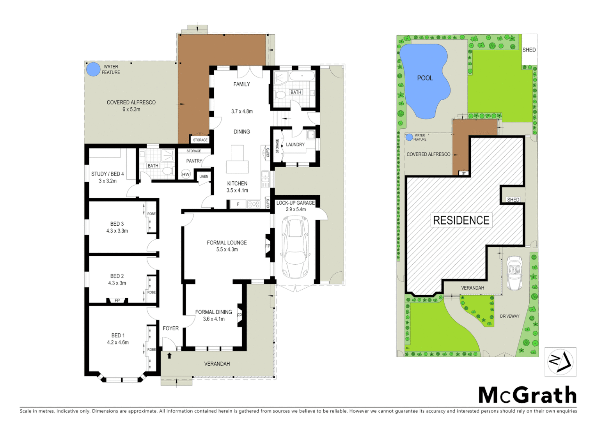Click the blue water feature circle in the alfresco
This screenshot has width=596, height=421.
93,70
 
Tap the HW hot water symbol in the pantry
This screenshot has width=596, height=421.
186,174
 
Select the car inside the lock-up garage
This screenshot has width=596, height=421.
295,248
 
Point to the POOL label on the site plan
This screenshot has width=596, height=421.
425,78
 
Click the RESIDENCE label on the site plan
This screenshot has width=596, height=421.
461,220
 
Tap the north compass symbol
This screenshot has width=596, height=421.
560,362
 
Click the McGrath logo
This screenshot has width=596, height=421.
527,395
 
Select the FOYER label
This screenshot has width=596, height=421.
170,328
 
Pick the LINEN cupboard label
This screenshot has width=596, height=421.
204,177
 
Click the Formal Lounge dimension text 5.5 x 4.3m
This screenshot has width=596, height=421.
227,249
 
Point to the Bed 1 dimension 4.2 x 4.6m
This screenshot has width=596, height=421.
118,342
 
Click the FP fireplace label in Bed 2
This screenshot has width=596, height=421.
117,301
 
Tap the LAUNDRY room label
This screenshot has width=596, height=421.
295,145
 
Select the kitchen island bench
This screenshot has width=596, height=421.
237,159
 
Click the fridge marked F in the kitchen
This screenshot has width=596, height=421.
238,204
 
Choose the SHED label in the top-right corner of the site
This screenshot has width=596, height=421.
529,50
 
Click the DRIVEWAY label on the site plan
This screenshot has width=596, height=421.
509,316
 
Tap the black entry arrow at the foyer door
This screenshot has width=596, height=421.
169,356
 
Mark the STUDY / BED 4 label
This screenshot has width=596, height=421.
107,174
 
